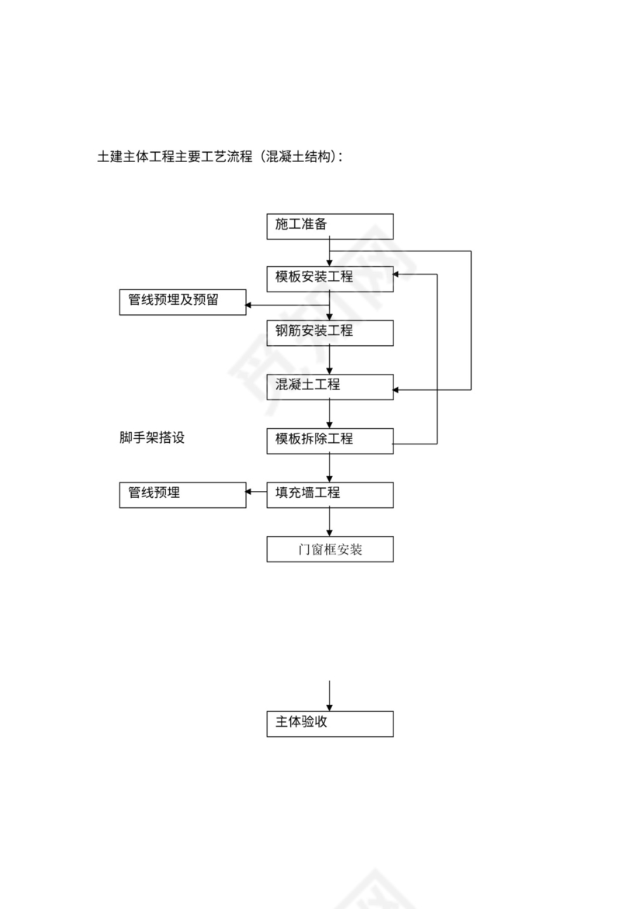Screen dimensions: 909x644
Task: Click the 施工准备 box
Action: pos(330,226)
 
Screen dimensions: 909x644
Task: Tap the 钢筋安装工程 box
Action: pos(330,332)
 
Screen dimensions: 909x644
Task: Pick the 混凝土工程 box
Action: pos(330,386)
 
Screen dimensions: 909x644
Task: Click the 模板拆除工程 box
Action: pos(330,440)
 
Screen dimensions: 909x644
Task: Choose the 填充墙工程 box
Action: pos(330,494)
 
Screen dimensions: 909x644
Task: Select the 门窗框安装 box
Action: pos(330,549)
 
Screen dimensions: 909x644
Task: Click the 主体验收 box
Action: pos(330,723)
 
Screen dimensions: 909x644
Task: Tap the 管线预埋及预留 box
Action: pos(182,302)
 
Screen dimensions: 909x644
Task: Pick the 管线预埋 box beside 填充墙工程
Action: pos(182,494)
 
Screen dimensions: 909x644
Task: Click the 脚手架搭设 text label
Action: pos(152,437)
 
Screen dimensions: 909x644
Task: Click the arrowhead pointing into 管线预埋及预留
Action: pos(250,306)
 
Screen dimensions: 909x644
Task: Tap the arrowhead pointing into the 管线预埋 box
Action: pos(250,492)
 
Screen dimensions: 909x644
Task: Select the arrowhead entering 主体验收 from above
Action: pos(330,706)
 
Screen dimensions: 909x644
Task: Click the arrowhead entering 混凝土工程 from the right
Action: pos(398,389)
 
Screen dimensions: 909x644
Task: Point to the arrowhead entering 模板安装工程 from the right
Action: pos(398,275)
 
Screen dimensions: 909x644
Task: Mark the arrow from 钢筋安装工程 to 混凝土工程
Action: pos(330,360)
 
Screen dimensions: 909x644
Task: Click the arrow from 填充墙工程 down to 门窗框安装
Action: pos(330,521)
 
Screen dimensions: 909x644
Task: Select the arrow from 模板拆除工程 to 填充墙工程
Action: pos(330,467)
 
